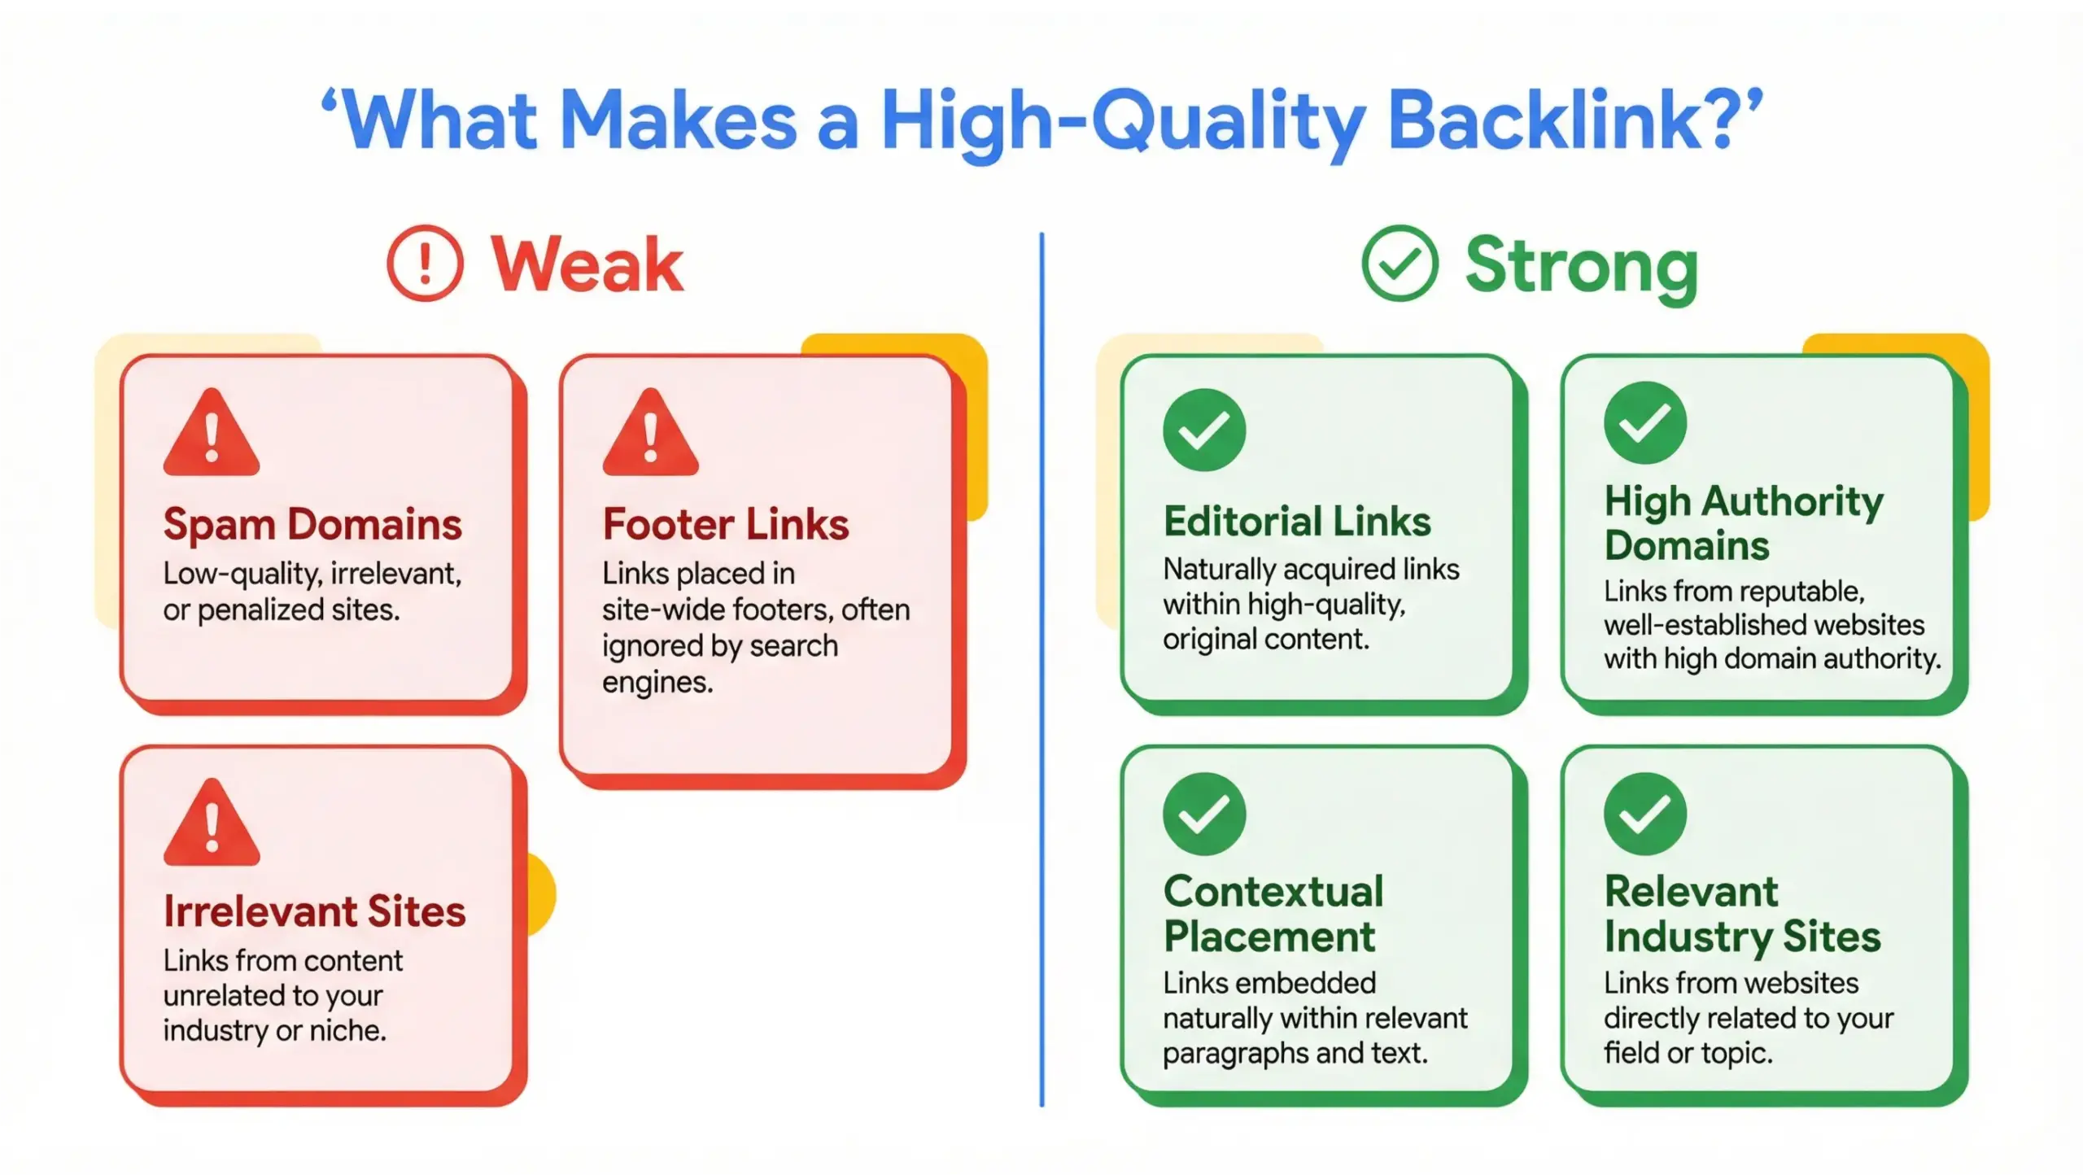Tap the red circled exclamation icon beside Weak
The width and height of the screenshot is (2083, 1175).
425,264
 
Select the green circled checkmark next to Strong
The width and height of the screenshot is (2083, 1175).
1400,264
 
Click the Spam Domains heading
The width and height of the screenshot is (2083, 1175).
312,524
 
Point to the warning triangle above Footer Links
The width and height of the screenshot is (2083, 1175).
650,434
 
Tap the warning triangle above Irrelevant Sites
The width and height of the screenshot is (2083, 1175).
212,823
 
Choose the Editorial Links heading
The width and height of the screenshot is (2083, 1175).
1297,522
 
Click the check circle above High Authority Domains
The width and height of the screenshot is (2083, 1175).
1644,422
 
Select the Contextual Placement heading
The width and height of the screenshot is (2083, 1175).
1273,914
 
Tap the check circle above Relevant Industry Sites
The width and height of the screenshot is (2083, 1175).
1644,813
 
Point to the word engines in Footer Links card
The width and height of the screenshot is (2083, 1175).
657,683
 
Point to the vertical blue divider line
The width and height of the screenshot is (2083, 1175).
1041,667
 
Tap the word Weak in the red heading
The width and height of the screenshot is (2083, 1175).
587,264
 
